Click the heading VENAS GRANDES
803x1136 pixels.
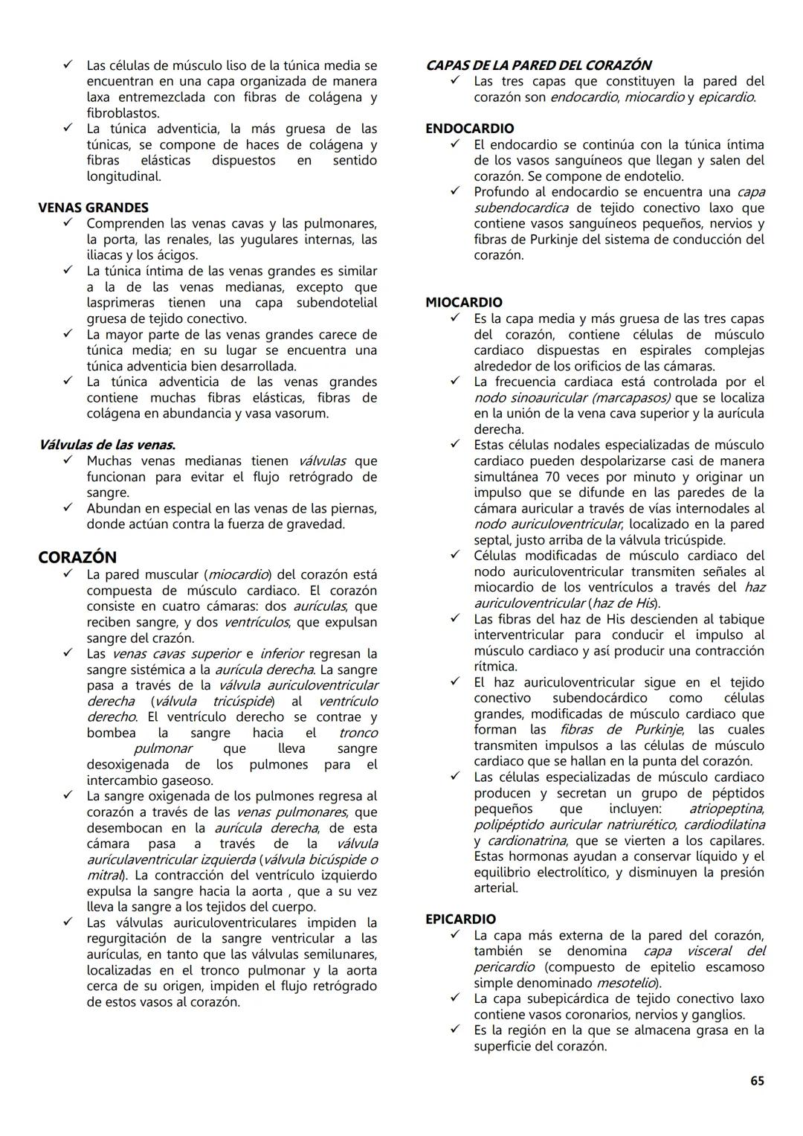[x=93, y=208]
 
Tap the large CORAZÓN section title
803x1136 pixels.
[x=77, y=557]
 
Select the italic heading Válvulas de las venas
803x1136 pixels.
[x=107, y=445]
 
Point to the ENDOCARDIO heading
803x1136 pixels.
[x=469, y=129]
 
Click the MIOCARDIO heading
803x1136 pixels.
[x=464, y=302]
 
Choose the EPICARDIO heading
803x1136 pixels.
[x=460, y=919]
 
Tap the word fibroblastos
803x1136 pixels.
[x=123, y=113]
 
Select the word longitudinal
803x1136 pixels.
[x=123, y=176]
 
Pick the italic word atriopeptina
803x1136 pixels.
[x=726, y=809]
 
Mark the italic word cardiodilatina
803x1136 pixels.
[x=724, y=824]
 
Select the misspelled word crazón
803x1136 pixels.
[x=172, y=638]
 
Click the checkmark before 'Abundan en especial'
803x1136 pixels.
[x=68, y=508]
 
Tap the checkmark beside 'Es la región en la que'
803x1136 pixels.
[x=454, y=1030]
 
